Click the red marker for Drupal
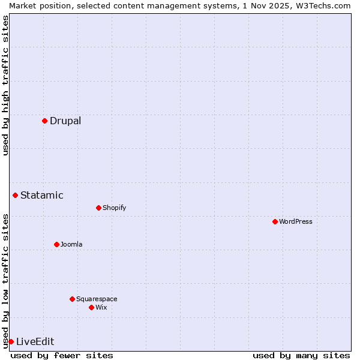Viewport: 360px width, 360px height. click(x=44, y=121)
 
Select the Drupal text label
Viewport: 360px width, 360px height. click(x=65, y=121)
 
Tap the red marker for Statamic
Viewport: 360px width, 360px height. click(x=15, y=195)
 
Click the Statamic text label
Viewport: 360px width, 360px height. click(x=42, y=195)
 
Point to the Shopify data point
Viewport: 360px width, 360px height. click(x=98, y=208)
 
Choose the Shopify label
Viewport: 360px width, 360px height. click(x=114, y=208)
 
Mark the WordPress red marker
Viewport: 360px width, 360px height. click(x=275, y=221)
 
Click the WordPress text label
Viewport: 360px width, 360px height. click(x=296, y=221)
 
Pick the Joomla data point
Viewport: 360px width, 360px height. click(x=56, y=244)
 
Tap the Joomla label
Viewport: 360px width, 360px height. click(x=71, y=244)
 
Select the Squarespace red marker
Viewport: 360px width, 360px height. click(x=72, y=299)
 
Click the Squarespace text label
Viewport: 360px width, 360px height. click(x=97, y=299)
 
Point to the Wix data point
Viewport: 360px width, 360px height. click(x=91, y=307)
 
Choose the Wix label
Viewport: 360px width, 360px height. click(x=101, y=307)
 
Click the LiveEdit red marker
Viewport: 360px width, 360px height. click(x=11, y=341)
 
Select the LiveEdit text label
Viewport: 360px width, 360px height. click(x=35, y=341)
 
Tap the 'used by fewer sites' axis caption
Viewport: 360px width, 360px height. click(x=62, y=355)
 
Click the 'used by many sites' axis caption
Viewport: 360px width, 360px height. click(x=301, y=355)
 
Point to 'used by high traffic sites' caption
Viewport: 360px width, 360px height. click(x=5, y=85)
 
